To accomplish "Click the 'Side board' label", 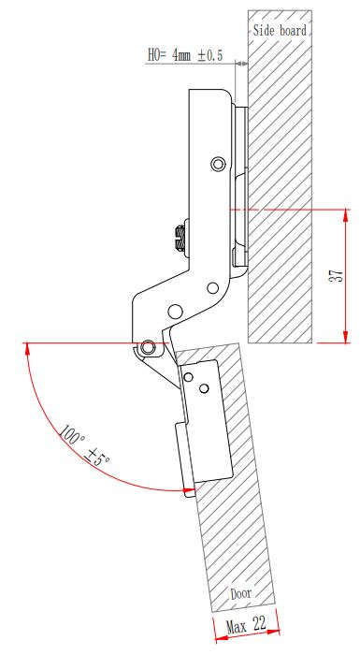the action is click(280, 31).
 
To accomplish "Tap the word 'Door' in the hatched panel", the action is click(241, 593).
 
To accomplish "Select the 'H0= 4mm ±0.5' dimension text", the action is click(185, 55).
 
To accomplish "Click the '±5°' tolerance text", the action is click(97, 457).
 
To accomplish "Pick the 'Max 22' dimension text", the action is click(247, 624).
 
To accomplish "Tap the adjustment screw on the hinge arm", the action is click(180, 239).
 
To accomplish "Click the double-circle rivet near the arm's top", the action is click(218, 164).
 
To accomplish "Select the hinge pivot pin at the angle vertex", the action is click(147, 347).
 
